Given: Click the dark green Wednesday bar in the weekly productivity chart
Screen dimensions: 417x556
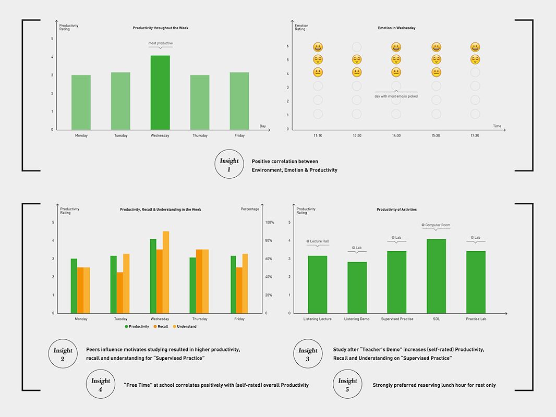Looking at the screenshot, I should [160, 92].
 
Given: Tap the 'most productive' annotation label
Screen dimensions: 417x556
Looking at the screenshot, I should [160, 43].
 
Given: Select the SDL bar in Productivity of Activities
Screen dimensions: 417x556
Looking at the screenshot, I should [436, 276].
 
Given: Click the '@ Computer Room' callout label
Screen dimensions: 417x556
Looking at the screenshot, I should [436, 225].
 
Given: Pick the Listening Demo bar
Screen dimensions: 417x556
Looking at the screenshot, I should [357, 287].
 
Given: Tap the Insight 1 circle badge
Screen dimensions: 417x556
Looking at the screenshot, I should [229, 164].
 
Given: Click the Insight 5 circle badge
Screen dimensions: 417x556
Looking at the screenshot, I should [347, 384].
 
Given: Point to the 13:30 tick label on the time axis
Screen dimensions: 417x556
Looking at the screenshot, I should [357, 136].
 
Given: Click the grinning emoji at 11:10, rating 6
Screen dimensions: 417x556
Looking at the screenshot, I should [318, 47].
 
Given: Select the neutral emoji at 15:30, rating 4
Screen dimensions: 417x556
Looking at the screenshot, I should [436, 72].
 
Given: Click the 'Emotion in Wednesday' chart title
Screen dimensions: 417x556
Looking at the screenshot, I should [396, 28].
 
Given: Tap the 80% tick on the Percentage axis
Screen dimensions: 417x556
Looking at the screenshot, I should [269, 240].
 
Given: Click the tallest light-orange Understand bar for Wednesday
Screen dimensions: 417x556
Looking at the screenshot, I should [166, 272].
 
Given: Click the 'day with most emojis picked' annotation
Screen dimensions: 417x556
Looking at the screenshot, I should [396, 96].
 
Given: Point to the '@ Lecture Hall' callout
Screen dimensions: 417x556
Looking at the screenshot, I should [317, 241].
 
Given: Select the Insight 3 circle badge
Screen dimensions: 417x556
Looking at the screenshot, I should [308, 354].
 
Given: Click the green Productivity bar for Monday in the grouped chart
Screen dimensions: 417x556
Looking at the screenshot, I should [74, 286].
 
